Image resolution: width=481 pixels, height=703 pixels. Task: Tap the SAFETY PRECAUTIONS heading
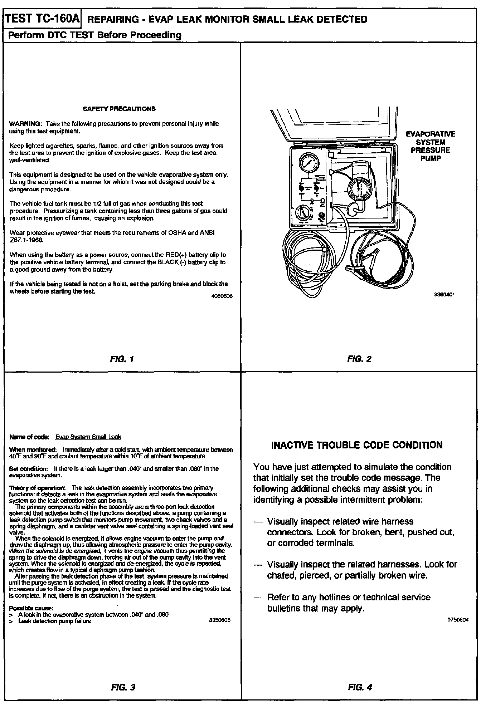[119, 109]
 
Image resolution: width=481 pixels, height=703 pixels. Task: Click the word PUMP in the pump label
[430, 158]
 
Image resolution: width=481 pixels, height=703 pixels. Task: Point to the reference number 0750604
[458, 620]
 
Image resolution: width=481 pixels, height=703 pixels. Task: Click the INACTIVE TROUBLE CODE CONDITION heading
[357, 445]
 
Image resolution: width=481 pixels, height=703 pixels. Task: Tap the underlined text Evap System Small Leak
[88, 437]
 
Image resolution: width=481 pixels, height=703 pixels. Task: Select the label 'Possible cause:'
[31, 608]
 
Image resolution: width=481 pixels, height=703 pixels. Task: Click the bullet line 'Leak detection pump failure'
[54, 621]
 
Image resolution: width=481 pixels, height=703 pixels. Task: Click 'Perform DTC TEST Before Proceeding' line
[94, 35]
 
